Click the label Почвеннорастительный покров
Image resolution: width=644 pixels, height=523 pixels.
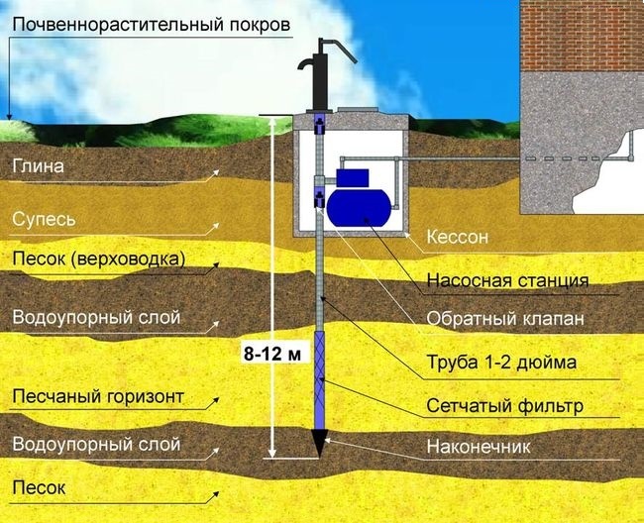(152, 25)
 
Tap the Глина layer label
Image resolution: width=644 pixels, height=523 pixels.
(39, 166)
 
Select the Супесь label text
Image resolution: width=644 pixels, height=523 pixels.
(44, 220)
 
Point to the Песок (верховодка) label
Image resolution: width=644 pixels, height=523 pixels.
(98, 260)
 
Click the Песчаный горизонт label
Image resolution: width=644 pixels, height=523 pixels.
(98, 397)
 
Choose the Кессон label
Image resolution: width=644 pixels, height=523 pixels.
(458, 237)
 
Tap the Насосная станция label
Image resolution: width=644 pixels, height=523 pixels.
(507, 280)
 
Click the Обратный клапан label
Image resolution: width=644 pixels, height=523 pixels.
(505, 319)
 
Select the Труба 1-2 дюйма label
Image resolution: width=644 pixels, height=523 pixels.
(501, 363)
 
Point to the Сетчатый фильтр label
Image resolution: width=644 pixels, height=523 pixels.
(504, 406)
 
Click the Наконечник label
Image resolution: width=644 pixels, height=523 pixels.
(479, 447)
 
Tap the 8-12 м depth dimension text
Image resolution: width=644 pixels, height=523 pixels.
(272, 354)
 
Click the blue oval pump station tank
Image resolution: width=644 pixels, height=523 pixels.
(359, 208)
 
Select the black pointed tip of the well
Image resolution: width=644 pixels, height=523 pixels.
(319, 443)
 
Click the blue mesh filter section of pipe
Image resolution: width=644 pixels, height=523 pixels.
(319, 380)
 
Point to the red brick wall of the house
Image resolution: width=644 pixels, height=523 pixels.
(582, 36)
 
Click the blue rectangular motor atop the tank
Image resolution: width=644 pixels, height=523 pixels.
(352, 178)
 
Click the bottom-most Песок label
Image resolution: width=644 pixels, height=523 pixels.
(39, 488)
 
